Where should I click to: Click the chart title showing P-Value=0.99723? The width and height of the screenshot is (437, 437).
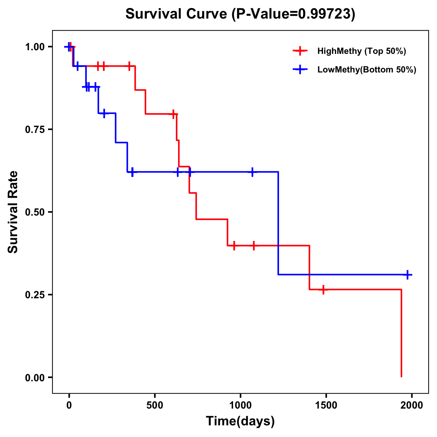tap(240, 14)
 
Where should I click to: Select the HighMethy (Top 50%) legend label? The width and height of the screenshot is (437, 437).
tap(362, 51)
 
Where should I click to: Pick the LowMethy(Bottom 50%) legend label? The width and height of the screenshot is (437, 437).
tap(367, 70)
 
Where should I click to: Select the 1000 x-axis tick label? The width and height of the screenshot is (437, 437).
tap(240, 405)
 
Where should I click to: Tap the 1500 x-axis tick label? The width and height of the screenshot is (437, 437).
tap(326, 405)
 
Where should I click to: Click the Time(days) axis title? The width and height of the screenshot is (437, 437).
tap(240, 421)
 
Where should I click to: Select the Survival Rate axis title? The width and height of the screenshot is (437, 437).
tap(13, 212)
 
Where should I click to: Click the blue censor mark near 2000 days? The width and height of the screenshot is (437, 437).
tap(408, 275)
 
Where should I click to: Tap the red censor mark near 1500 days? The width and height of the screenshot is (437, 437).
tap(323, 290)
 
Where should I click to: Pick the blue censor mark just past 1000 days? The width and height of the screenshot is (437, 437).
tap(252, 172)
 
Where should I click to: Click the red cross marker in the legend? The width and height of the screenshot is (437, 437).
tap(300, 51)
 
